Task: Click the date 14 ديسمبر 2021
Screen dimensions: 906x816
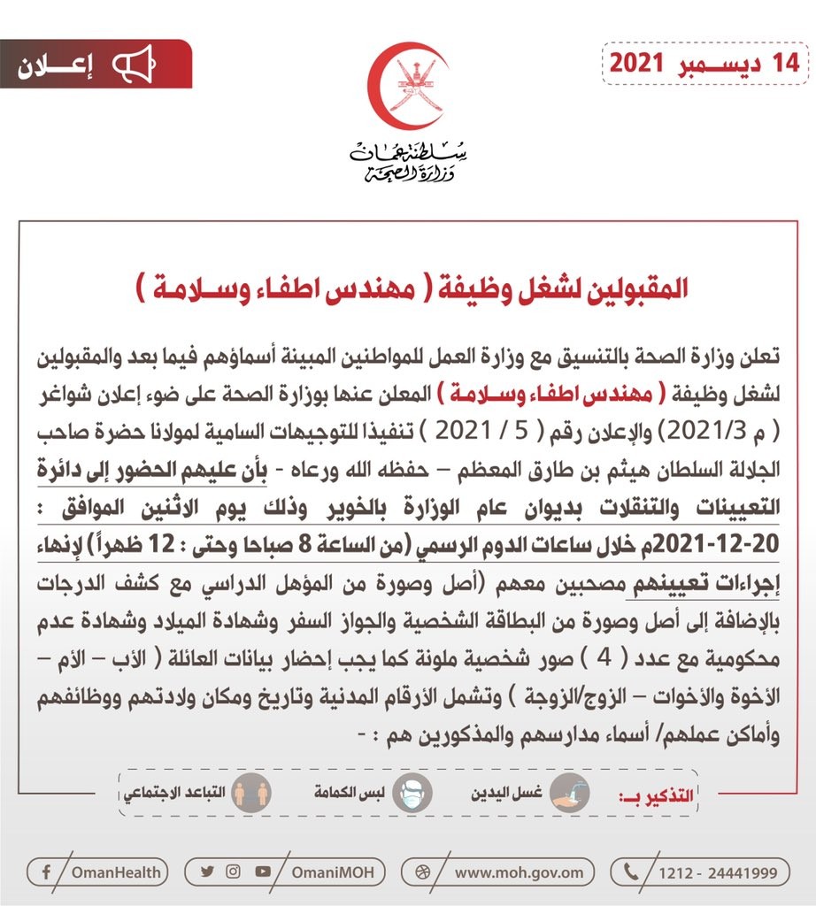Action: [x=706, y=64]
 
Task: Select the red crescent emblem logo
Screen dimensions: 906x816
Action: [x=408, y=85]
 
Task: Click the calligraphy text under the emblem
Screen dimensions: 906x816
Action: [x=408, y=161]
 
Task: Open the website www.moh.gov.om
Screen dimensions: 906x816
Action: [x=519, y=872]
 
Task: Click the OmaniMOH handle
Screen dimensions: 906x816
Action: [x=331, y=872]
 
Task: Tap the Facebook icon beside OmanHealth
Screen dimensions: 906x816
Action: [x=45, y=872]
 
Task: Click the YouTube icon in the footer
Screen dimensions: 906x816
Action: [x=262, y=871]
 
